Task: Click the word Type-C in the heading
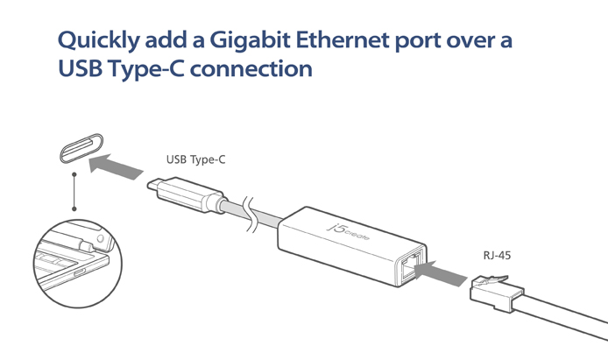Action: pyautogui.click(x=145, y=69)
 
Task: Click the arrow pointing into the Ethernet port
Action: pyautogui.click(x=438, y=269)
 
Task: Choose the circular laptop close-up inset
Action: pyautogui.click(x=75, y=264)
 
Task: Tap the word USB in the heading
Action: pyautogui.click(x=78, y=69)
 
